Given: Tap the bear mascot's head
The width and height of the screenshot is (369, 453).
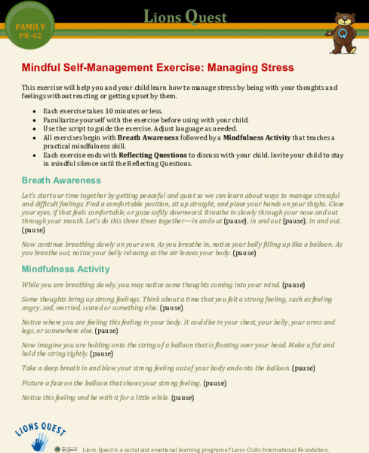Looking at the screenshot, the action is [345, 20].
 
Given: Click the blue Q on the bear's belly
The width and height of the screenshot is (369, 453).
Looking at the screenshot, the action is [343, 35].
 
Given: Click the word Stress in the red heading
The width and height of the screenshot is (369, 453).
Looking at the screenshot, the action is [271, 67].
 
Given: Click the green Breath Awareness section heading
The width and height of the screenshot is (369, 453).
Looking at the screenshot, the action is [61, 180].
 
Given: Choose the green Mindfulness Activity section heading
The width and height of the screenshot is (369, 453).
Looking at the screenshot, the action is [66, 269].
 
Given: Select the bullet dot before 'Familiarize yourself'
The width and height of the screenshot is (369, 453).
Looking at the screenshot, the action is [34, 120].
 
